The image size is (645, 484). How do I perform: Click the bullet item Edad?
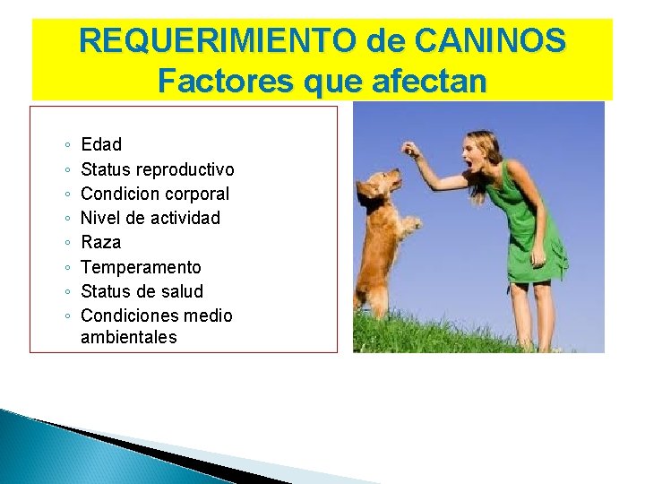[x=101, y=145]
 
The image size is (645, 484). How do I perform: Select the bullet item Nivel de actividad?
[x=150, y=218]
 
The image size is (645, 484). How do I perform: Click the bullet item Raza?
[x=101, y=243]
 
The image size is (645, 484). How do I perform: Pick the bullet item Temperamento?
[x=142, y=267]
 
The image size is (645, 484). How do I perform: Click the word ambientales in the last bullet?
[x=129, y=338]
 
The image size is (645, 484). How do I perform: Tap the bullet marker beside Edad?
[x=69, y=145]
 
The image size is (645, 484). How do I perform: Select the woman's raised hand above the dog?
[x=410, y=147]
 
